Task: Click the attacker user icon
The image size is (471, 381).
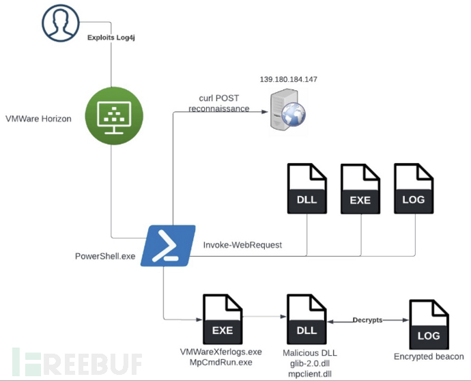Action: pyautogui.click(x=60, y=23)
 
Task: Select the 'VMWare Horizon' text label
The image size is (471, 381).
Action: pyautogui.click(x=38, y=119)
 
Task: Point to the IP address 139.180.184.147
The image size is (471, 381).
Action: pyautogui.click(x=288, y=80)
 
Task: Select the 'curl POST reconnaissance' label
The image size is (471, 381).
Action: pyautogui.click(x=219, y=104)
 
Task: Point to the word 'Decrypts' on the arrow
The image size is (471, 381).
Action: pyautogui.click(x=367, y=320)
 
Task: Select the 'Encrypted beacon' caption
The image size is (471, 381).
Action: pyautogui.click(x=429, y=357)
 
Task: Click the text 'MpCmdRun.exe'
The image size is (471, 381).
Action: pyautogui.click(x=220, y=362)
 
